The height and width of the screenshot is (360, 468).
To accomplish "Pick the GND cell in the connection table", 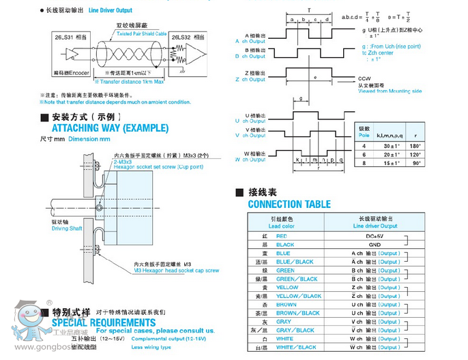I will point(374,244).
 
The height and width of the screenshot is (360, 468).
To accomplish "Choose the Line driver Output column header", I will point(374,223).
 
